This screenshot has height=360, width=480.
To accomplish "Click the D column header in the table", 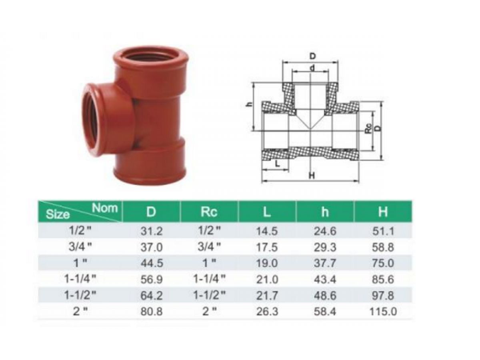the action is [x=151, y=212].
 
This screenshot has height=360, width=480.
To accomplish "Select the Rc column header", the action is [x=209, y=212].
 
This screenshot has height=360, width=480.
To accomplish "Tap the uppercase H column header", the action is [x=383, y=212].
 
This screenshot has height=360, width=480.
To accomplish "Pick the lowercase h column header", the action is [x=325, y=212].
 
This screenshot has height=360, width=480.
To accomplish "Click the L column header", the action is [x=267, y=212].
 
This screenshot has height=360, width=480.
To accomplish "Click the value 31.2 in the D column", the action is [x=151, y=231].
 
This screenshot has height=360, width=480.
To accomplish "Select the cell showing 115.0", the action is [x=383, y=312].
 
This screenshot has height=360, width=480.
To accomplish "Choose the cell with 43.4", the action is [x=325, y=280].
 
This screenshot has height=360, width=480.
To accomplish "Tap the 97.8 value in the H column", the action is [x=383, y=296].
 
